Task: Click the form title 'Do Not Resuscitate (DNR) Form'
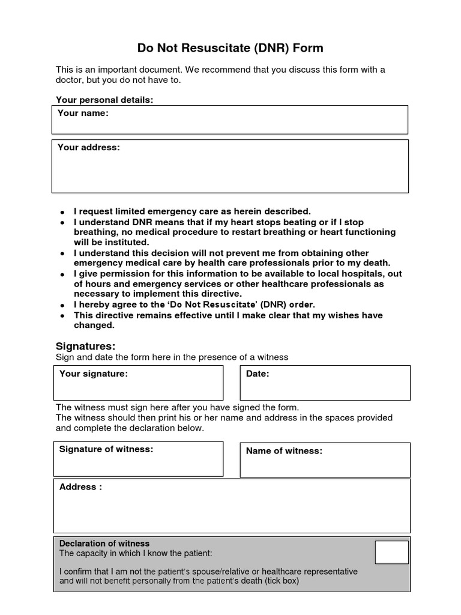pyautogui.click(x=230, y=48)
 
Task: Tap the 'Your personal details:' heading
pyautogui.click(x=104, y=100)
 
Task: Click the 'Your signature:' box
pyautogui.click(x=138, y=383)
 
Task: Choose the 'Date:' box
pyautogui.click(x=325, y=383)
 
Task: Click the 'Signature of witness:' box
pyautogui.click(x=138, y=459)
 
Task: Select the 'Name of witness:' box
pyautogui.click(x=325, y=459)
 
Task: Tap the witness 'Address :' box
pyautogui.click(x=231, y=505)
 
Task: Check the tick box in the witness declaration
pyautogui.click(x=391, y=552)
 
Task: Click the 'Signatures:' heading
pyautogui.click(x=85, y=347)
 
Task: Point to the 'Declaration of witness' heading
pyautogui.click(x=104, y=543)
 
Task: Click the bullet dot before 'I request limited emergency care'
pyautogui.click(x=62, y=212)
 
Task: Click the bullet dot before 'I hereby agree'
pyautogui.click(x=62, y=305)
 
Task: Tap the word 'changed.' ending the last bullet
pyautogui.click(x=94, y=326)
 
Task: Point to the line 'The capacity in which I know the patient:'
pyautogui.click(x=136, y=553)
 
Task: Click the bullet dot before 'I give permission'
pyautogui.click(x=62, y=274)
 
